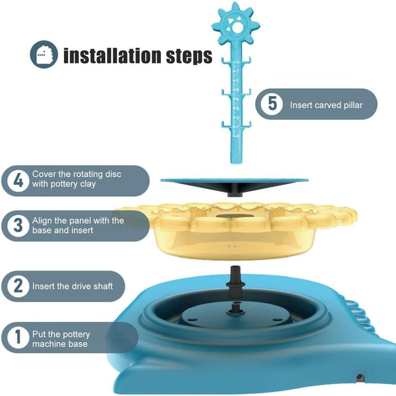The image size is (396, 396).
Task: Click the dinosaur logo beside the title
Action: tap(44, 54)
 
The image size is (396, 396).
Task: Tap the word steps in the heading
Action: tap(189, 57)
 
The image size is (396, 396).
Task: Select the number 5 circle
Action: tap(272, 104)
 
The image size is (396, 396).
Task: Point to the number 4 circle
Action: tap(18, 181)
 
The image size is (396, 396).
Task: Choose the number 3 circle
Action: tap(18, 226)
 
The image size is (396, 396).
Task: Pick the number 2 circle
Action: tap(18, 286)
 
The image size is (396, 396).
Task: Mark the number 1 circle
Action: tap(18, 337)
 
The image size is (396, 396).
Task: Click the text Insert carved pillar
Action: tap(326, 105)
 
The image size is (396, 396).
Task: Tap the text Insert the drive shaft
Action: tap(72, 286)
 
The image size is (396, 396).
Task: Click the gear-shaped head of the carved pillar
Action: tap(236, 26)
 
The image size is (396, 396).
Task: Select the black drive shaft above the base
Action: tap(235, 281)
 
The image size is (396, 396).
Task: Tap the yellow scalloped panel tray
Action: tap(235, 230)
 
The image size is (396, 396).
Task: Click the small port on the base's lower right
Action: tap(360, 377)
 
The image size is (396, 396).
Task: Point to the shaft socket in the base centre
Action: tap(235, 309)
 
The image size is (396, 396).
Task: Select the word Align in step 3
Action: tap(41, 221)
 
